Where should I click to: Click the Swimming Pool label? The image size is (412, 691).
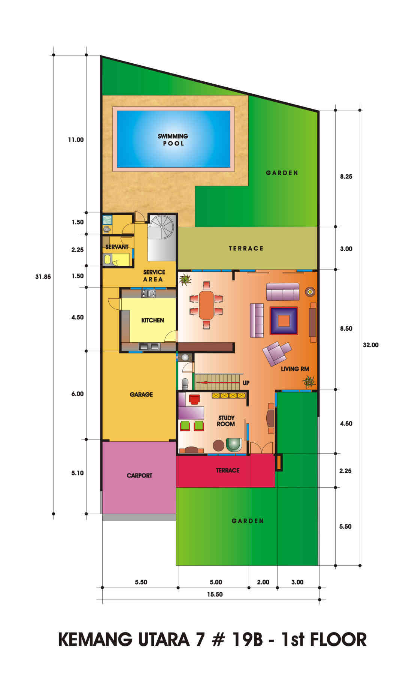[173, 139]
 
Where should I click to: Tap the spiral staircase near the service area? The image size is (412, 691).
[162, 226]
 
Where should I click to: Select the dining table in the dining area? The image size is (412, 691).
[206, 305]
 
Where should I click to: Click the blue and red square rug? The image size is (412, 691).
[284, 321]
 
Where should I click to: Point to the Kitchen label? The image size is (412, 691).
[152, 320]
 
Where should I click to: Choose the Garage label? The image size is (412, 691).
[141, 394]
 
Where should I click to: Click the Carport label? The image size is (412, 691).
[139, 475]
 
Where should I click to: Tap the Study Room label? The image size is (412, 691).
[226, 421]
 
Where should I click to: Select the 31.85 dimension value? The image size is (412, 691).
[43, 277]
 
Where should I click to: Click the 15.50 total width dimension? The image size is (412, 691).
[215, 594]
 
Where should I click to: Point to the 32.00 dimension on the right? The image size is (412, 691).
[370, 345]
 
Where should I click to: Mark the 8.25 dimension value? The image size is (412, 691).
[346, 177]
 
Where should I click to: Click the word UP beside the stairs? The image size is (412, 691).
[246, 383]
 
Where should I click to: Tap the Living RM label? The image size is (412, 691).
[295, 369]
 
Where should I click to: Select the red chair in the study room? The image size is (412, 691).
[194, 399]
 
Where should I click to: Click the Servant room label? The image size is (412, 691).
[117, 247]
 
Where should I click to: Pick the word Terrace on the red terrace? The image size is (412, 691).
[228, 470]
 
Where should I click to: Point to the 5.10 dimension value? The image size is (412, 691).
[78, 473]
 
